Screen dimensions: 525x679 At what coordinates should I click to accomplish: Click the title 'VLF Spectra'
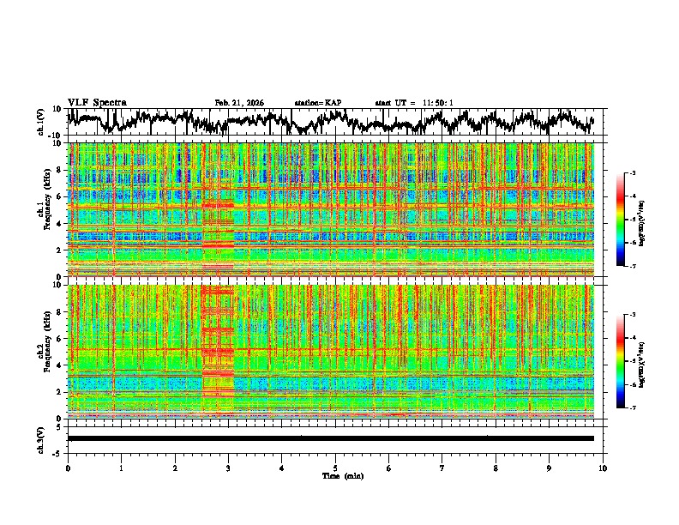pyautogui.click(x=97, y=102)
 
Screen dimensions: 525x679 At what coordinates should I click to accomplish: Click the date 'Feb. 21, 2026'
pyautogui.click(x=239, y=103)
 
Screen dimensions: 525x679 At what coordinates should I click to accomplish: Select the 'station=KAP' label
pyautogui.click(x=317, y=103)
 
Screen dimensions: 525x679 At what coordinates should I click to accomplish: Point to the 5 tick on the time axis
pyautogui.click(x=335, y=468)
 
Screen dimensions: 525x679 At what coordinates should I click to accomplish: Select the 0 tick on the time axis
pyautogui.click(x=68, y=468)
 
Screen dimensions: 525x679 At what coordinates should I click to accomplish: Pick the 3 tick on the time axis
pyautogui.click(x=228, y=468)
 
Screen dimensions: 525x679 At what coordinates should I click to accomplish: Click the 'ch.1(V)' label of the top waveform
pyautogui.click(x=42, y=122)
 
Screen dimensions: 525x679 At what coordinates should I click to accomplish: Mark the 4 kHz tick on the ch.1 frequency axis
pyautogui.click(x=61, y=223)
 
